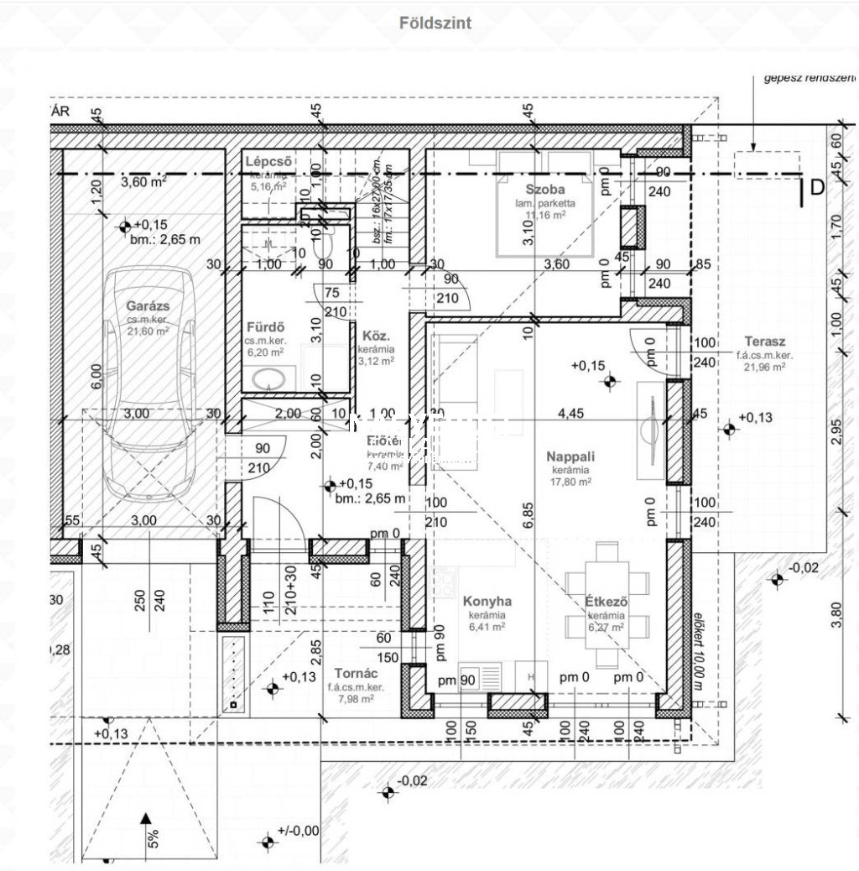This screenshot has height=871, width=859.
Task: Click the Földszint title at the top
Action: [435, 23]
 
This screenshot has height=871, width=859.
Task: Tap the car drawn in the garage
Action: [148, 394]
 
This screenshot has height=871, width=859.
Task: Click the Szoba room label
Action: [545, 190]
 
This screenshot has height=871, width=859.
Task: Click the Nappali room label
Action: [570, 456]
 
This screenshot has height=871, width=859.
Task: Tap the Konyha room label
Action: [487, 601]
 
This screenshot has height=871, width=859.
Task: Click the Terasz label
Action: [764, 342]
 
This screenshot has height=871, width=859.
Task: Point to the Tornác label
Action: [356, 673]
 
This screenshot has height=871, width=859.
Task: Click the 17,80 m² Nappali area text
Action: [570, 482]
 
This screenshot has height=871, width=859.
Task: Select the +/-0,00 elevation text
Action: [299, 831]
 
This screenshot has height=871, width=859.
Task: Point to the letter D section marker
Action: [817, 188]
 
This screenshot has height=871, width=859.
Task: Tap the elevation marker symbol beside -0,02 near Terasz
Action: [777, 579]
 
